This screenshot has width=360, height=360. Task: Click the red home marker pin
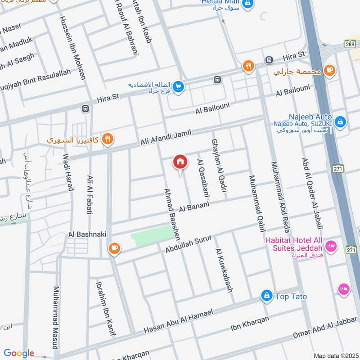tap(180, 162)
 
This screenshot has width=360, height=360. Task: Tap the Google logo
tap(19, 353)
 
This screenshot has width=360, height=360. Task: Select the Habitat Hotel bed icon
tap(331, 246)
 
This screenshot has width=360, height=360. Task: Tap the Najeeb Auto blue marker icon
tap(340, 121)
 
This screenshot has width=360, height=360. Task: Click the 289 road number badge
tap(350, 45)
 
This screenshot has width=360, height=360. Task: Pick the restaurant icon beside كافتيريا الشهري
tap(107, 139)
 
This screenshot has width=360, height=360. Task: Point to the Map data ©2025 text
tap(335, 355)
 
